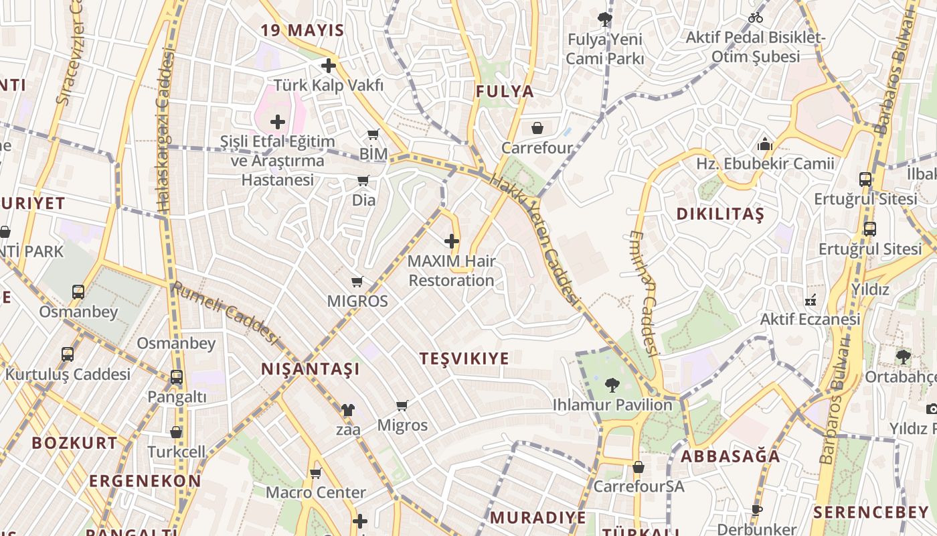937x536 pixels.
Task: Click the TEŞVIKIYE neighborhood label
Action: point(464,358)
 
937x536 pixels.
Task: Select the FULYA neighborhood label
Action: point(505,92)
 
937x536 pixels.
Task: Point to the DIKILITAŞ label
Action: point(719,214)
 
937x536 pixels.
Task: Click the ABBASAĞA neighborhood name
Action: point(730,456)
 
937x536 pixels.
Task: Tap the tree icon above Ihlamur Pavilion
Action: point(612,385)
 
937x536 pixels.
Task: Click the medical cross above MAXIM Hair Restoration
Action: point(452,241)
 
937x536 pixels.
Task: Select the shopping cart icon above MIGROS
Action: point(357,282)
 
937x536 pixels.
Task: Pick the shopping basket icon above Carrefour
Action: point(537,128)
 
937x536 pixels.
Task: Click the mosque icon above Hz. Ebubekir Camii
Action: point(764,144)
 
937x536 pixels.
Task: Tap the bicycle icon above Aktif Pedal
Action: point(756,17)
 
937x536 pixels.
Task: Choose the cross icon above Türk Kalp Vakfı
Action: point(328,66)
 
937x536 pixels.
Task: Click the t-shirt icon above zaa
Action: point(347,410)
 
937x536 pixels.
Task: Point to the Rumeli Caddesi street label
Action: point(225,312)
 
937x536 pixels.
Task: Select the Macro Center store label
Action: point(316,492)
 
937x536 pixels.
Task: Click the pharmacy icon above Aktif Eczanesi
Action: point(810,299)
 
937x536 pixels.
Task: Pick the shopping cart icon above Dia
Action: point(363,180)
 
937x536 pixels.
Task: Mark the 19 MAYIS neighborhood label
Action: point(302,30)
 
